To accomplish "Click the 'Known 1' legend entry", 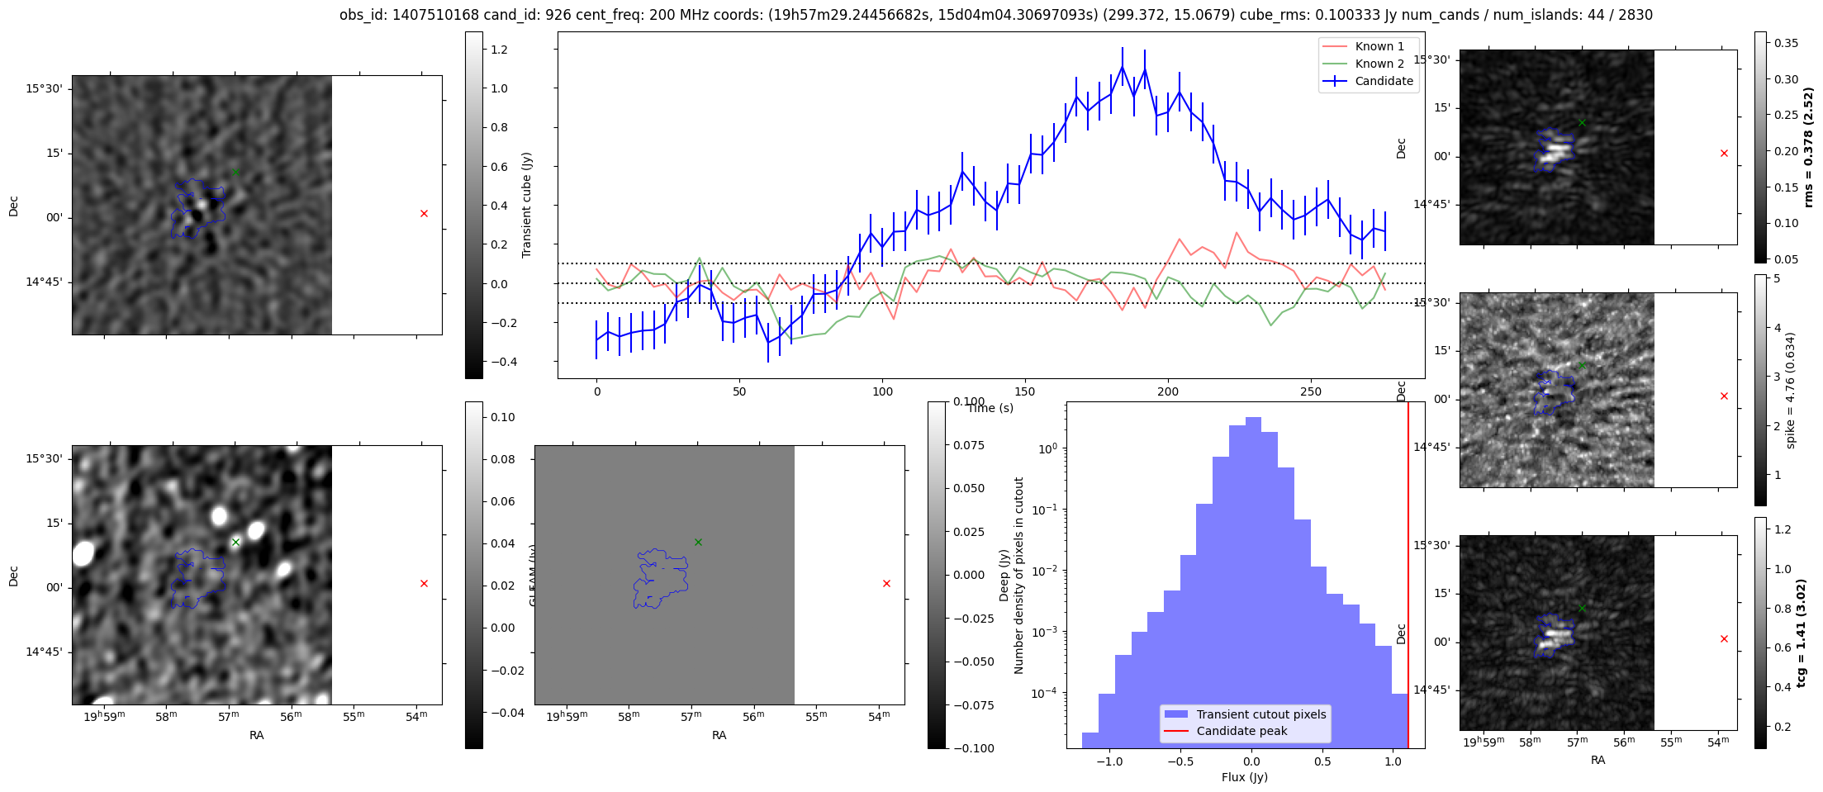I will pyautogui.click(x=1379, y=46).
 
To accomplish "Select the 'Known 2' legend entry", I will pyautogui.click(x=1379, y=64).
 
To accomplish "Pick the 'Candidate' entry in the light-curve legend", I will pyautogui.click(x=1384, y=81).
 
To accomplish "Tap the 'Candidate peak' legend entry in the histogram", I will pyautogui.click(x=1241, y=731).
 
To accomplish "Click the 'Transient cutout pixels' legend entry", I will pyautogui.click(x=1261, y=714).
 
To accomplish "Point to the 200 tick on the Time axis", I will pyautogui.click(x=1168, y=391).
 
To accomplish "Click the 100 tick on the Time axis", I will pyautogui.click(x=882, y=391).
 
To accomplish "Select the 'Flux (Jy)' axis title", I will pyautogui.click(x=1245, y=777).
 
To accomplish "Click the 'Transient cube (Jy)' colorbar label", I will pyautogui.click(x=527, y=205).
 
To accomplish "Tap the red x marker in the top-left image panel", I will pyautogui.click(x=424, y=214).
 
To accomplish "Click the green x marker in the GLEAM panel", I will pyautogui.click(x=698, y=542).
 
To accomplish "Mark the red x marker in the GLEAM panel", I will pyautogui.click(x=886, y=584).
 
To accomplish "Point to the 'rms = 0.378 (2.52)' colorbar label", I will pyautogui.click(x=1808, y=147).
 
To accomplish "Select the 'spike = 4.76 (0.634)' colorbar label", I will pyautogui.click(x=1790, y=390).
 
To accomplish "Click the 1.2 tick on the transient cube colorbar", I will pyautogui.click(x=499, y=50).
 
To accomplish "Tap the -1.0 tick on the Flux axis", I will pyautogui.click(x=1109, y=761).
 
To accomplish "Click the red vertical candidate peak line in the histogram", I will pyautogui.click(x=1408, y=578).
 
